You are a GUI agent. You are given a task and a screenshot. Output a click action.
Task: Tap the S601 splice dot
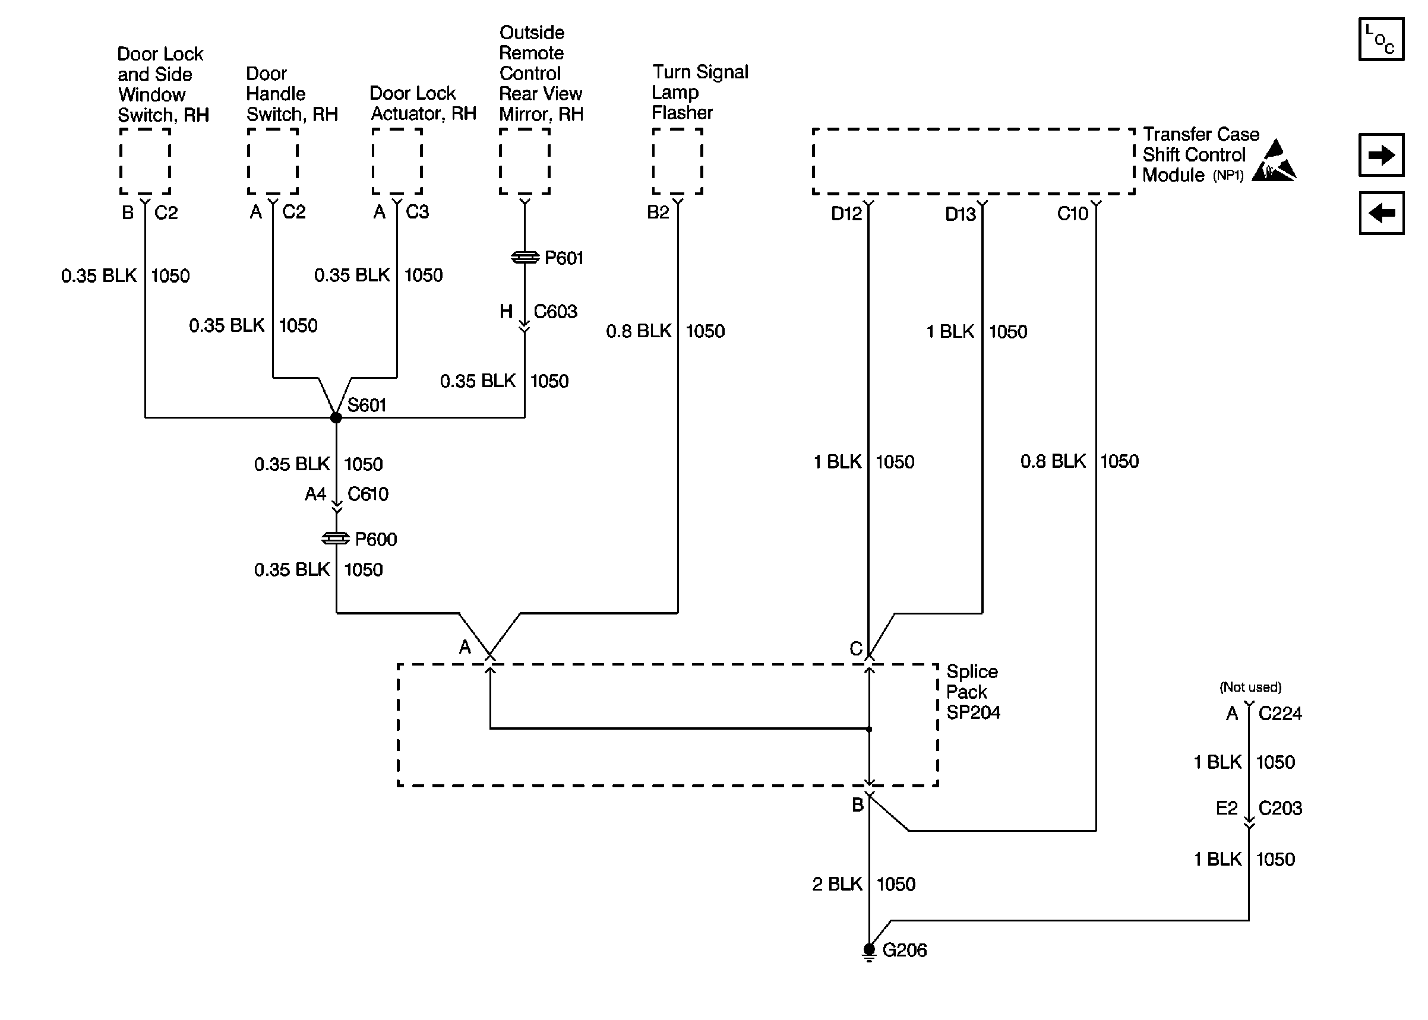pyautogui.click(x=336, y=417)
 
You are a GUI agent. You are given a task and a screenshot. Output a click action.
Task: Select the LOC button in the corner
pyautogui.click(x=1381, y=40)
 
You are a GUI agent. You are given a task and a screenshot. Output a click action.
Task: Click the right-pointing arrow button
pyautogui.click(x=1381, y=155)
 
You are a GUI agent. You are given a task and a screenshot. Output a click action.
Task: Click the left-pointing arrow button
pyautogui.click(x=1381, y=214)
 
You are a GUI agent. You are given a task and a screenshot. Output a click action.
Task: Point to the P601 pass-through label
pyautogui.click(x=564, y=258)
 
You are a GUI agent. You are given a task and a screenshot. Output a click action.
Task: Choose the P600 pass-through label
pyautogui.click(x=375, y=540)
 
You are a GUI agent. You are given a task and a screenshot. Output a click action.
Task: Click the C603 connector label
pyautogui.click(x=555, y=312)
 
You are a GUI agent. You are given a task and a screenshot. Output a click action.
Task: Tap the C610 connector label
pyautogui.click(x=368, y=495)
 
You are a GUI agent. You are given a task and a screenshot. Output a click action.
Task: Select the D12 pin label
pyautogui.click(x=846, y=214)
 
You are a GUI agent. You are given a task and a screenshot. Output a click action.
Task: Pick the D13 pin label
pyautogui.click(x=960, y=215)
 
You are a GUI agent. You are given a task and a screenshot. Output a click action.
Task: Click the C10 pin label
pyautogui.click(x=1072, y=214)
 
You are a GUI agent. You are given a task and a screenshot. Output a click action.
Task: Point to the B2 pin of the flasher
pyautogui.click(x=658, y=213)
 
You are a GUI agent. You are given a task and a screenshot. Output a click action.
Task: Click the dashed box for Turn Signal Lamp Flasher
pyautogui.click(x=677, y=161)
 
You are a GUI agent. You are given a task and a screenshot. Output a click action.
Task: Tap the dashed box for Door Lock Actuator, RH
pyautogui.click(x=397, y=161)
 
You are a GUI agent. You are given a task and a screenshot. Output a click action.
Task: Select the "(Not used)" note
pyautogui.click(x=1250, y=687)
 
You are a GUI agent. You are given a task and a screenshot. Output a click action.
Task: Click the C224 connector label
pyautogui.click(x=1279, y=714)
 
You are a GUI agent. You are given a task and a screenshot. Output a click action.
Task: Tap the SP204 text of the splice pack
pyautogui.click(x=973, y=713)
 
